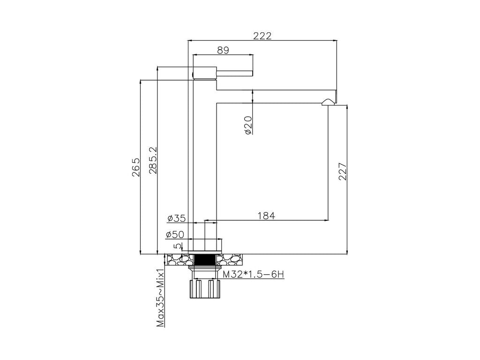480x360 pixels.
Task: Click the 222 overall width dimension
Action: [x=262, y=36]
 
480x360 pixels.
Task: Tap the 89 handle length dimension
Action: [x=223, y=50]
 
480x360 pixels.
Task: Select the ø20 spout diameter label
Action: [x=248, y=125]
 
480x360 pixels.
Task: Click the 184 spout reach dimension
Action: [x=266, y=216]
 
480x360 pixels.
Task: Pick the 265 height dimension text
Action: [x=135, y=167]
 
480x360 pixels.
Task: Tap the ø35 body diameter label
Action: [x=177, y=218]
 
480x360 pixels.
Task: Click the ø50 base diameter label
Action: [x=175, y=234]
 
